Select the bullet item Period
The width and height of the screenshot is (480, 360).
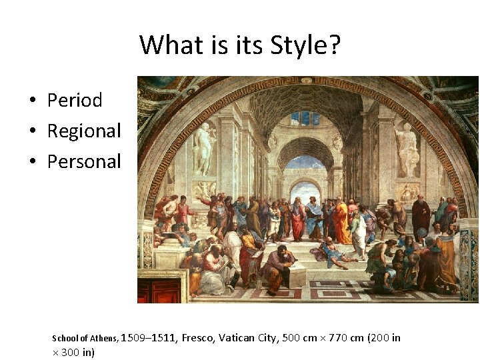(x=75, y=100)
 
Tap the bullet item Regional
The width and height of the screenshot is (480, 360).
(x=84, y=131)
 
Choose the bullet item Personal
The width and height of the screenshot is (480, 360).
(x=84, y=161)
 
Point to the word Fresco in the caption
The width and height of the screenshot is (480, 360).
(x=199, y=338)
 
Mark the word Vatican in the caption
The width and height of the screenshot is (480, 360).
(x=239, y=338)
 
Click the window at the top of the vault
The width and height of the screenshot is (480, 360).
(x=305, y=118)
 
